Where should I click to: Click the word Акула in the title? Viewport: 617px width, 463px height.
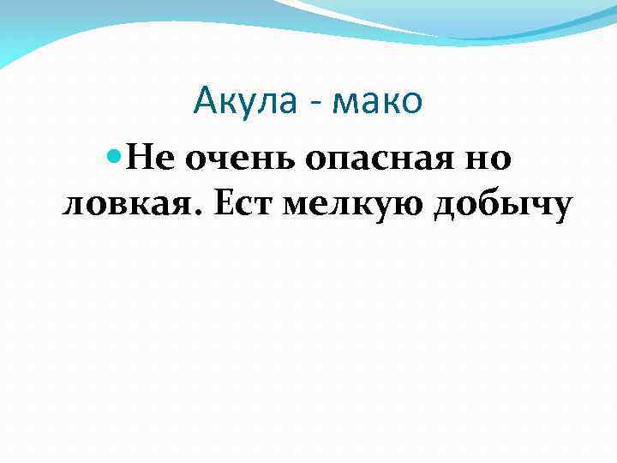pos(244,102)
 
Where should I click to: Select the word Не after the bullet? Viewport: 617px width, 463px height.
pos(152,159)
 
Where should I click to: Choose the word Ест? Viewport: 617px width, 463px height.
pos(239,207)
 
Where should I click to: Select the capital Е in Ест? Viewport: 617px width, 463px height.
pos(220,206)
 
